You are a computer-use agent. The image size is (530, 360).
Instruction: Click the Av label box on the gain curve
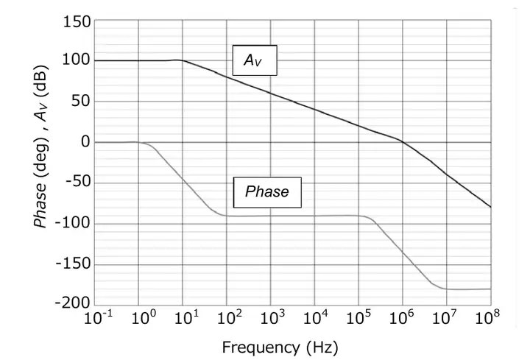pos(254,60)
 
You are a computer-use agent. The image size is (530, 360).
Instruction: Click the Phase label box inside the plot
pos(266,192)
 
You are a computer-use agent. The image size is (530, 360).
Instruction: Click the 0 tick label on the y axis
pos(86,141)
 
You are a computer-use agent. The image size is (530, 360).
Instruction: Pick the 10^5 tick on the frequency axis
pos(358,319)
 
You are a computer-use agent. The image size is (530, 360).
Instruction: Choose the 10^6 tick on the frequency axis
pos(403,319)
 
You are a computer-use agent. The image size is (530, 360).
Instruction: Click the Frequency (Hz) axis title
pos(280,346)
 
